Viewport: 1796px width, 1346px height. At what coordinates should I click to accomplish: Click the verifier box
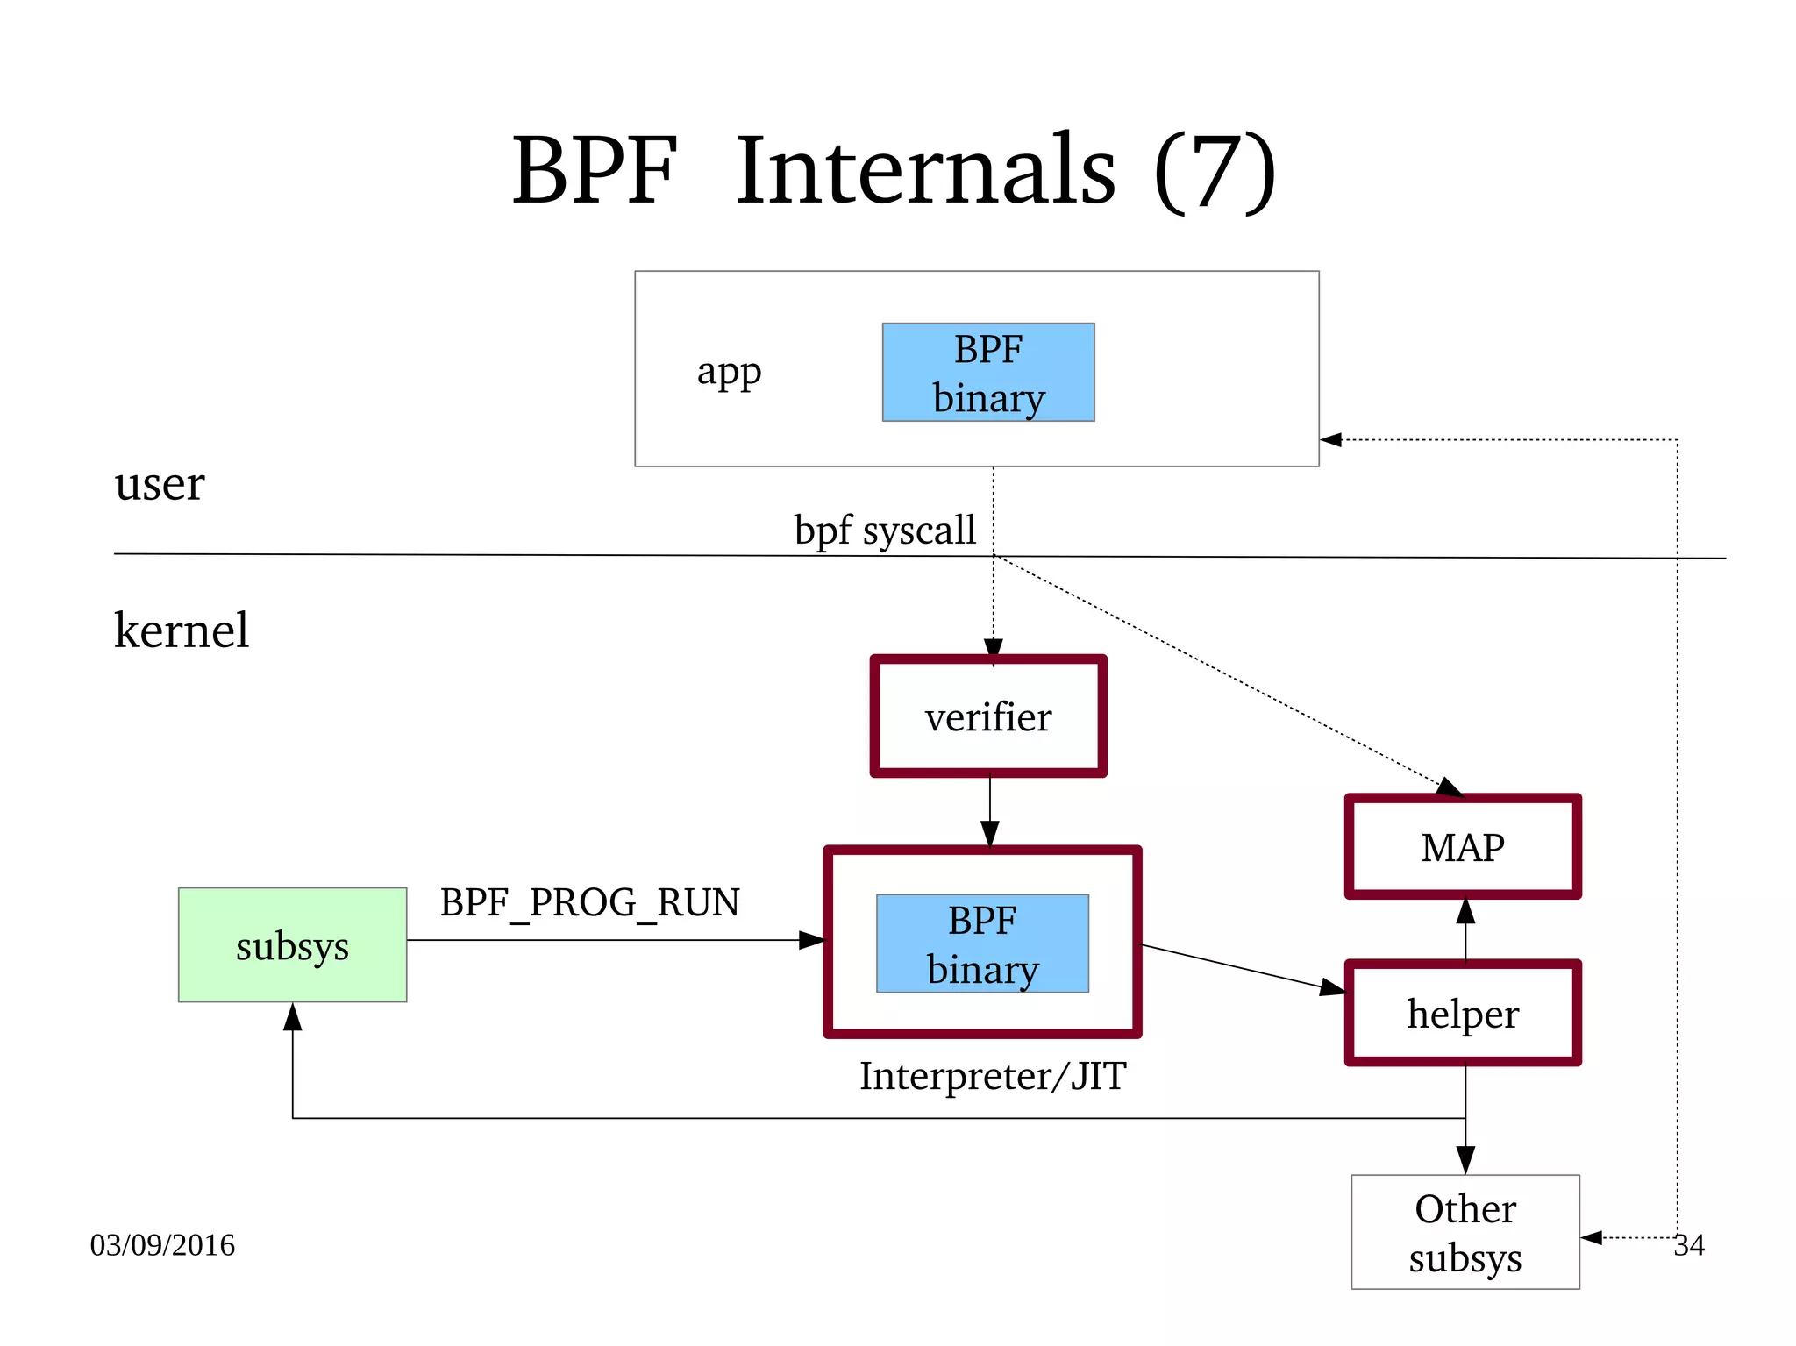coord(987,716)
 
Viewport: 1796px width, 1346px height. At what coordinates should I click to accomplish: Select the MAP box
coord(1462,847)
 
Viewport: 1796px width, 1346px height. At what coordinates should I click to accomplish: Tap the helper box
coord(1462,1014)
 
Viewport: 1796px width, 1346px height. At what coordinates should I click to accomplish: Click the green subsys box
coord(292,945)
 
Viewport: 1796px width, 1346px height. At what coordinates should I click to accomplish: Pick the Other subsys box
coord(1465,1232)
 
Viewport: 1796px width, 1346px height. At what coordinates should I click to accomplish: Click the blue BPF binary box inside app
coord(987,373)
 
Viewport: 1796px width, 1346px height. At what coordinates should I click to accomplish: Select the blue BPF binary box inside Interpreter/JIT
coord(982,944)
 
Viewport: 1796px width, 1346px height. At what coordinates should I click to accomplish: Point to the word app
coord(729,372)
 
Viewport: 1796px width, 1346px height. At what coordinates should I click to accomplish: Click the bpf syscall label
coord(884,531)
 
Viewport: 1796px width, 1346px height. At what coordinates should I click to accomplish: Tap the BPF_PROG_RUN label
coord(589,902)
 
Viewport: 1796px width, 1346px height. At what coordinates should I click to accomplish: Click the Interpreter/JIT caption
coord(992,1076)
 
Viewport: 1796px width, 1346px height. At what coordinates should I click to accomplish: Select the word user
coord(159,483)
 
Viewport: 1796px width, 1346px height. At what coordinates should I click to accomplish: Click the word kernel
coord(182,630)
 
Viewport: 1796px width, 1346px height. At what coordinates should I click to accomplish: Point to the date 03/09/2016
coord(162,1245)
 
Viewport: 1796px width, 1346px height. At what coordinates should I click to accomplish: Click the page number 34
coord(1689,1245)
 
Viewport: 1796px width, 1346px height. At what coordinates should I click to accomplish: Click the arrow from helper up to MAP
coord(1465,929)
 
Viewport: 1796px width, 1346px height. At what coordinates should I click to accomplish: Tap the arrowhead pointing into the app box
coord(1331,439)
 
